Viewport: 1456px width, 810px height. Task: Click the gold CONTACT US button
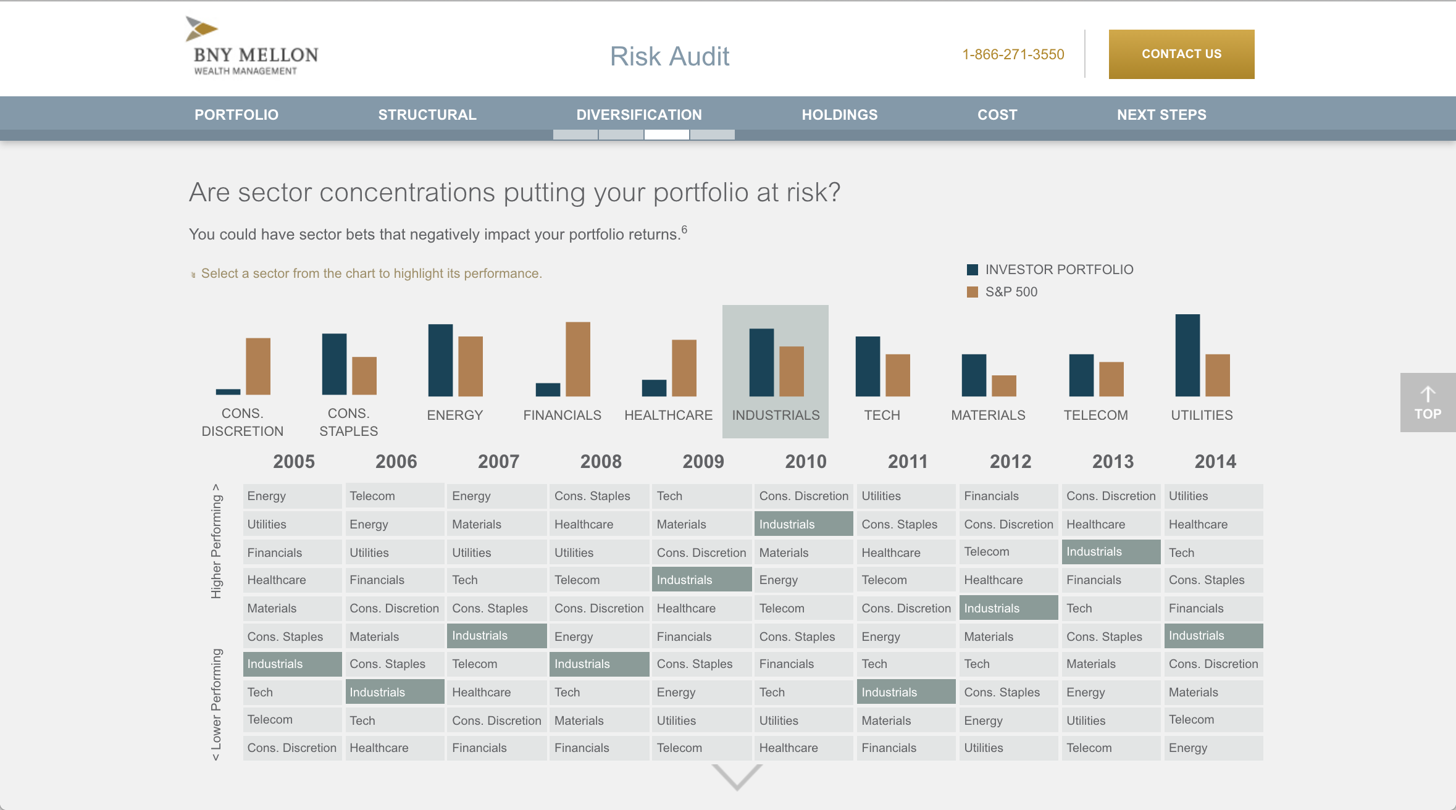click(x=1181, y=54)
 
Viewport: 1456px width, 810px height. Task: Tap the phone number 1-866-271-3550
click(x=1013, y=54)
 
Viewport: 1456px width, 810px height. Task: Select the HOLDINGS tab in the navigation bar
click(x=839, y=115)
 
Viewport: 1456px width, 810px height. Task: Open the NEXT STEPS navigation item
click(x=1161, y=115)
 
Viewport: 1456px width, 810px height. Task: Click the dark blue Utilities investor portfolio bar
click(x=1187, y=356)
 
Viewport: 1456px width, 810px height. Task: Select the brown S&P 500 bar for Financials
click(x=577, y=359)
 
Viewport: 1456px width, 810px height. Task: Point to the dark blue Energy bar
click(x=440, y=361)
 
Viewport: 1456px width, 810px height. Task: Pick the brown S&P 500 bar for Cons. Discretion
click(x=258, y=367)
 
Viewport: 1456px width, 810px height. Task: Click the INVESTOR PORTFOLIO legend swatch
click(x=973, y=270)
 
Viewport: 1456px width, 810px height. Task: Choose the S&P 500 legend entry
click(x=1011, y=292)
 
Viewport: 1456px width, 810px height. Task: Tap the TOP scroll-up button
click(x=1427, y=403)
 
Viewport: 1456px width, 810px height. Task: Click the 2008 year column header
click(x=600, y=462)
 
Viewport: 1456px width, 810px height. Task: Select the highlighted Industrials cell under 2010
click(x=803, y=524)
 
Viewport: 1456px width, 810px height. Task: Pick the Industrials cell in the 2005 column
click(x=292, y=664)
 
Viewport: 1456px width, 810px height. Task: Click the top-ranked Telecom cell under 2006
click(x=394, y=496)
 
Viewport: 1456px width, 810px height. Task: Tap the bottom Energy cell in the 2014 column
click(x=1213, y=748)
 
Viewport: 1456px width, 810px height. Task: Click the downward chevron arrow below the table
click(x=737, y=777)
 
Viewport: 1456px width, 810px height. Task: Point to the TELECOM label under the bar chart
click(x=1095, y=415)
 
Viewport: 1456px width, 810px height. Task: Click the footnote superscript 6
click(x=684, y=230)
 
